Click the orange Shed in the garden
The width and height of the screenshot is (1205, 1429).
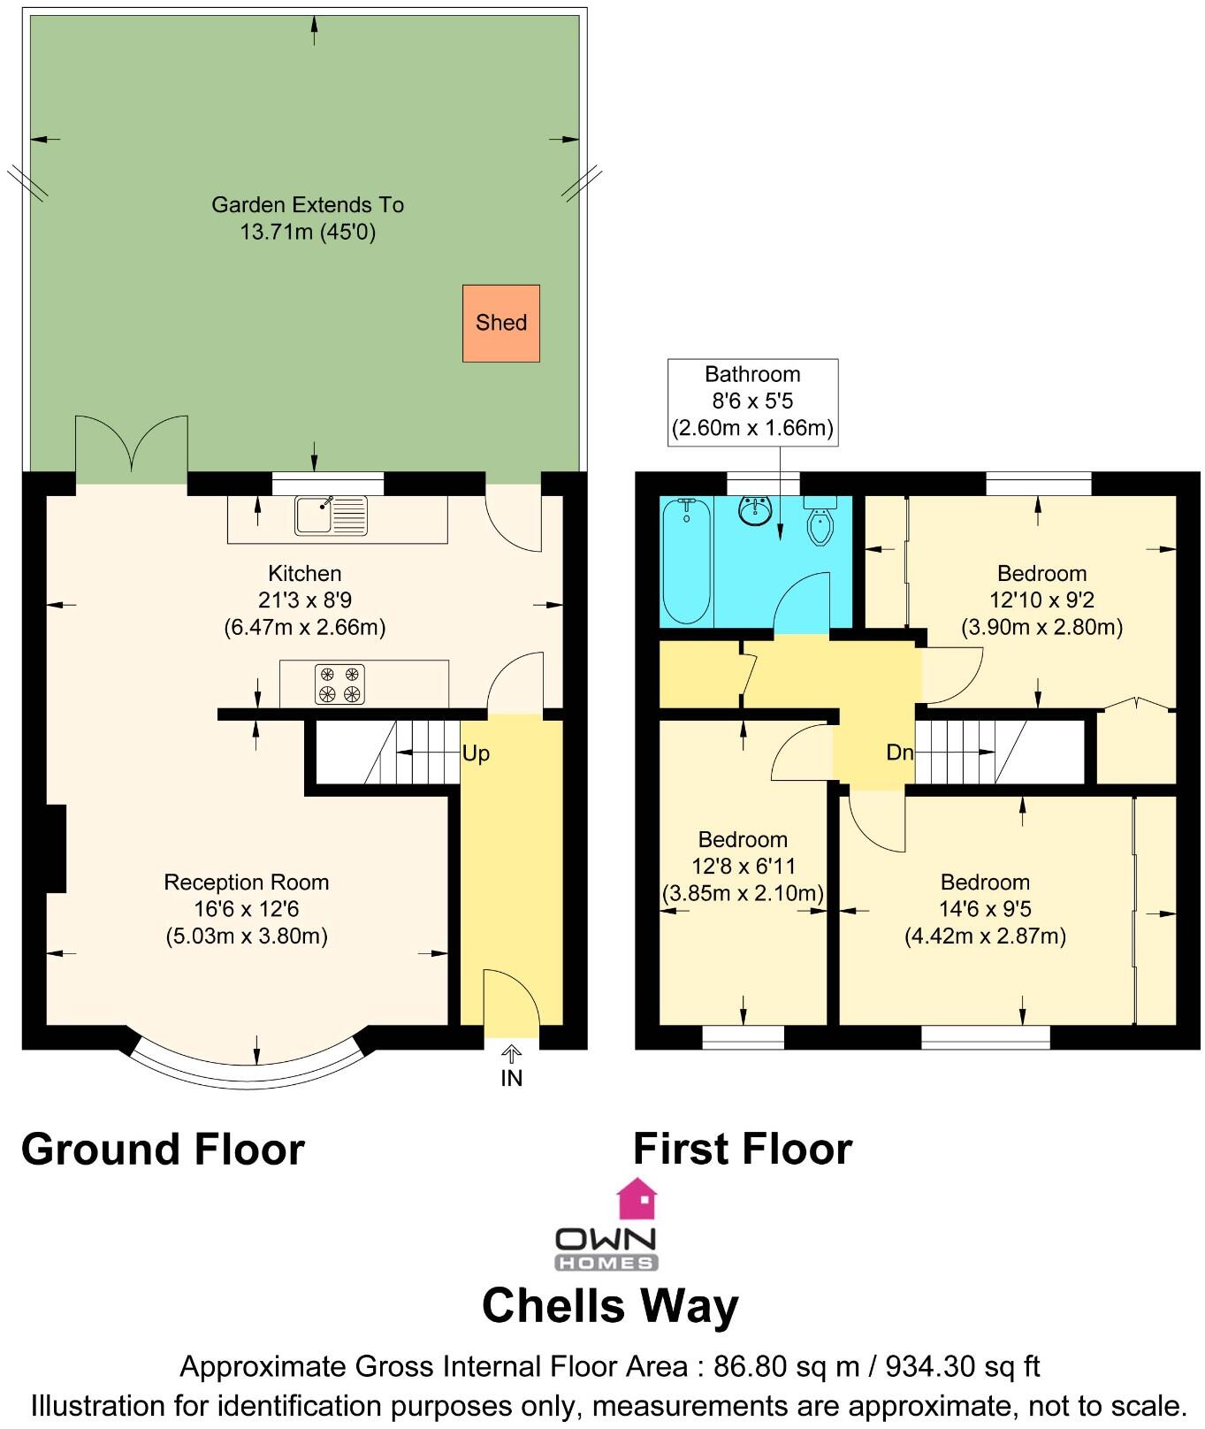(500, 323)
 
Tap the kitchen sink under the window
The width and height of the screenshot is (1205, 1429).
(331, 516)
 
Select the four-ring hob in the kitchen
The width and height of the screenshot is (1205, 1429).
(339, 684)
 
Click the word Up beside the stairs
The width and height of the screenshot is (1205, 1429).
(476, 753)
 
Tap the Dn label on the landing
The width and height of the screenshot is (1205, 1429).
(899, 753)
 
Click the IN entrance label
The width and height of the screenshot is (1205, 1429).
(512, 1078)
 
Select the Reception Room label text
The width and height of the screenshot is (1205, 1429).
(247, 882)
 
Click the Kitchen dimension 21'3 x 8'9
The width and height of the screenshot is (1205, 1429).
(305, 600)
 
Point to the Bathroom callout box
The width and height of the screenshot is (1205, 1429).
(752, 401)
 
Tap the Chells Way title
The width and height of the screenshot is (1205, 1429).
(610, 1306)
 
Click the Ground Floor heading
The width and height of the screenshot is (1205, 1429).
(163, 1150)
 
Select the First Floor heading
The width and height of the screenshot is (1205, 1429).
(743, 1150)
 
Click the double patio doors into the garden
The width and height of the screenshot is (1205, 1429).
(132, 447)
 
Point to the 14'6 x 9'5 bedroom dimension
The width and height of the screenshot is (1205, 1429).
(985, 909)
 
